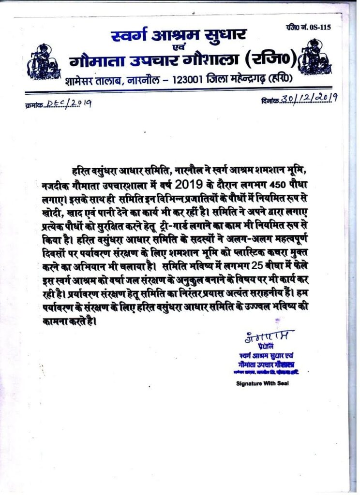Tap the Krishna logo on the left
(x=42, y=59)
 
